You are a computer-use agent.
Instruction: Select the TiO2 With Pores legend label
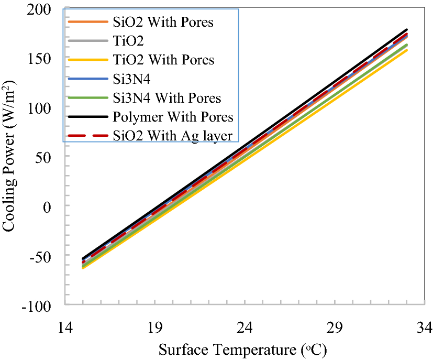pyautogui.click(x=163, y=60)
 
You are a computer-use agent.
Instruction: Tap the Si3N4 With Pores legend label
pyautogui.click(x=166, y=97)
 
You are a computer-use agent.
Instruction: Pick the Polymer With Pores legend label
pyautogui.click(x=173, y=116)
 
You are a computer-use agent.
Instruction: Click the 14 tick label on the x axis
pyautogui.click(x=65, y=328)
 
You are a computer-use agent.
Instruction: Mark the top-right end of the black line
pyautogui.click(x=407, y=30)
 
